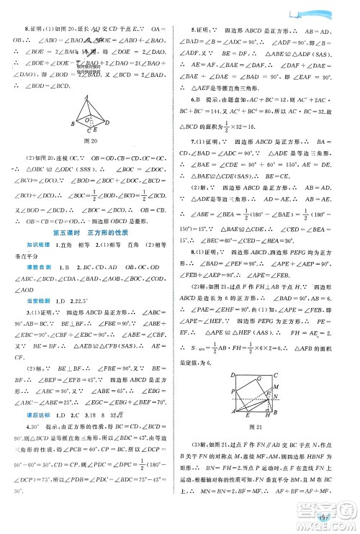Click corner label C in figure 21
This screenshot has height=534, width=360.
click(x=275, y=375)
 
